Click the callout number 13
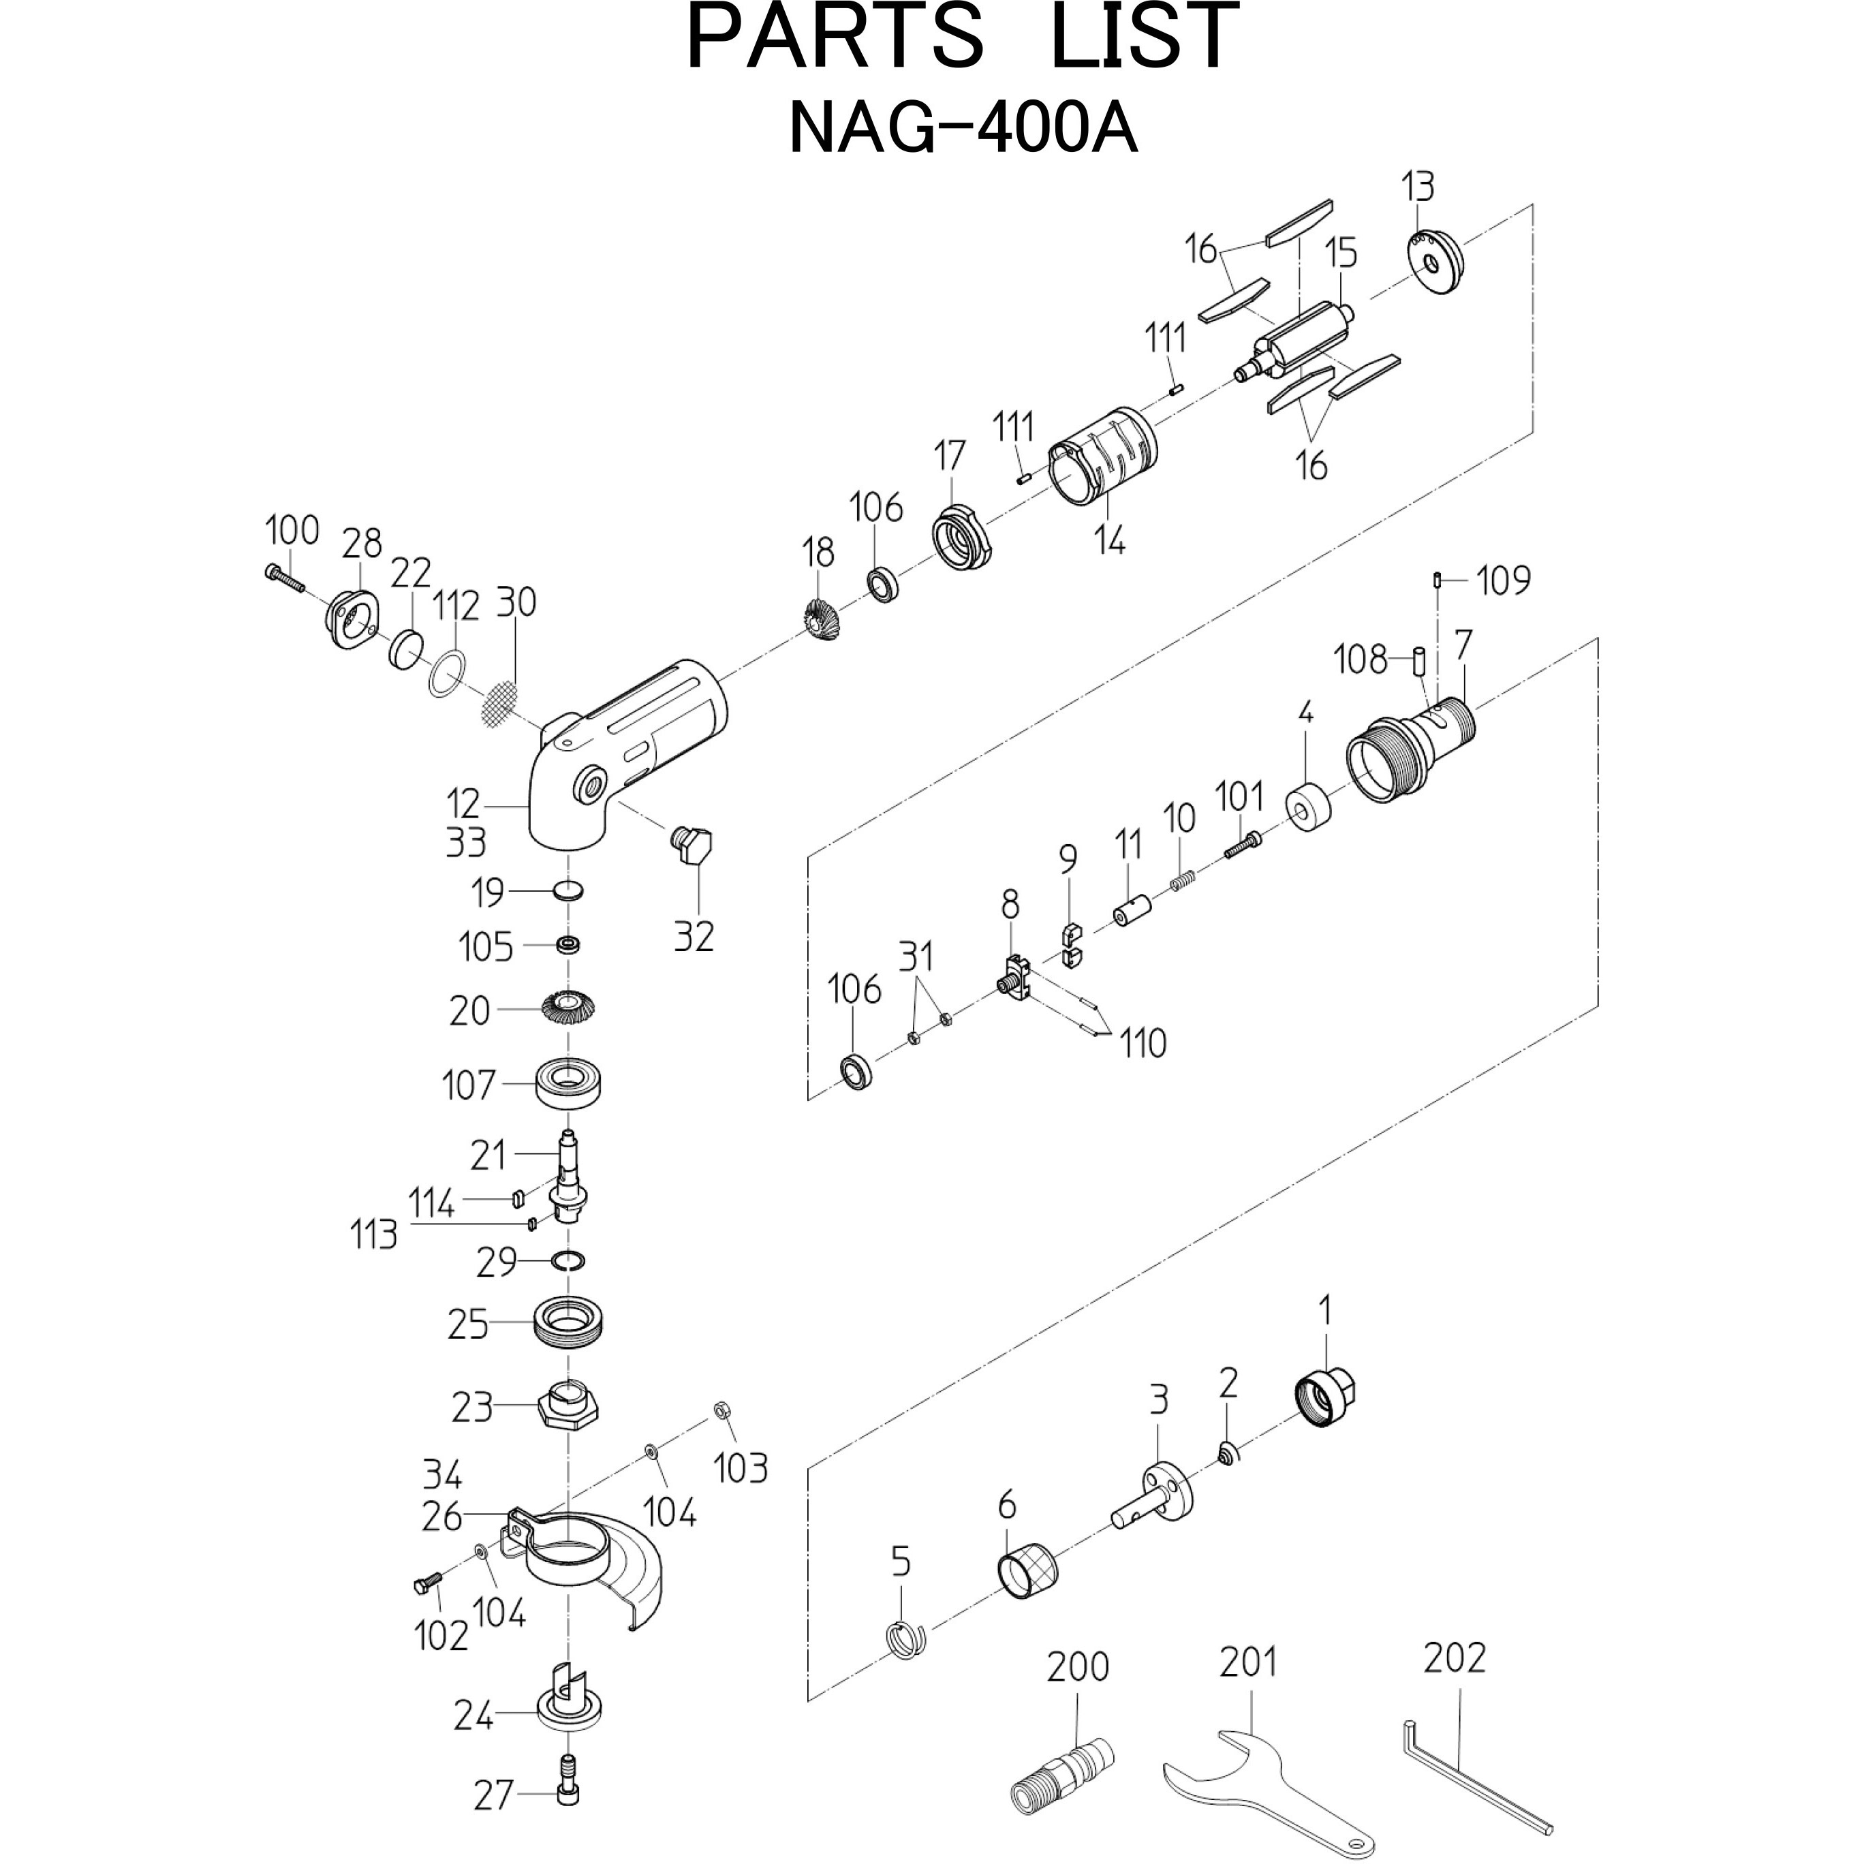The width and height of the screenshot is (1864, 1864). coord(1418,186)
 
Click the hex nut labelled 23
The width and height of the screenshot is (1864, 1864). coord(568,1410)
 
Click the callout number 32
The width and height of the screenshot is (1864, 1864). coord(693,936)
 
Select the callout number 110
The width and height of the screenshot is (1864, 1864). coord(1143,1043)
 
